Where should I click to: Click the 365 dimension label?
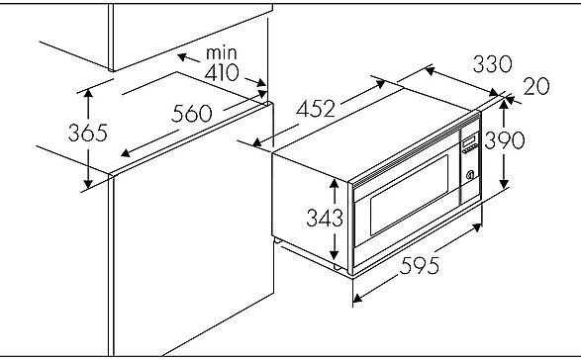click(x=88, y=133)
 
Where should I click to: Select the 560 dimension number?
click(x=192, y=114)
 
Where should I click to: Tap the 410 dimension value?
click(x=222, y=72)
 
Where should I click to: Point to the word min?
click(x=221, y=52)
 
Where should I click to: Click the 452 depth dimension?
click(x=316, y=109)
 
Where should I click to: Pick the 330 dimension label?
click(x=493, y=63)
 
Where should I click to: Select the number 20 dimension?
click(x=536, y=86)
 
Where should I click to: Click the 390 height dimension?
click(x=505, y=140)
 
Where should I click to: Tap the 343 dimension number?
click(x=325, y=218)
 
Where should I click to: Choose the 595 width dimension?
click(x=419, y=266)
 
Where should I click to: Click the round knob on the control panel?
click(x=470, y=175)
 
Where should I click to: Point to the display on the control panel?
click(x=469, y=140)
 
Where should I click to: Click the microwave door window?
click(x=409, y=195)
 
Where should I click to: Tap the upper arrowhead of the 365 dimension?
click(x=88, y=93)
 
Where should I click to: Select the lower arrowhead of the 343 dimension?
click(x=335, y=254)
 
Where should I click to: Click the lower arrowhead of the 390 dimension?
click(x=504, y=183)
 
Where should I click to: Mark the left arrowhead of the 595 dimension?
click(x=358, y=298)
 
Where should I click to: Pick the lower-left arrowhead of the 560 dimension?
click(x=126, y=152)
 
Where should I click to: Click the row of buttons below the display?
click(x=469, y=148)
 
